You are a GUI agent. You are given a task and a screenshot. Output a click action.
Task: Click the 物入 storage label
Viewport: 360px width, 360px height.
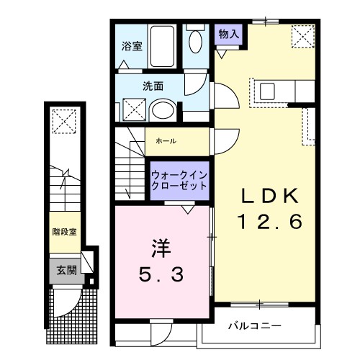tap(229, 35)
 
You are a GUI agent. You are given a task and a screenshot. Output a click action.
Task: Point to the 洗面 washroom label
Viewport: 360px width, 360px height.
tap(153, 86)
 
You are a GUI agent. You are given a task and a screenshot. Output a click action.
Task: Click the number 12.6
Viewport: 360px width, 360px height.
tap(265, 222)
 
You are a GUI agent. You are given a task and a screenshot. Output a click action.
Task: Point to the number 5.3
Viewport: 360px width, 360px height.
tap(161, 274)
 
